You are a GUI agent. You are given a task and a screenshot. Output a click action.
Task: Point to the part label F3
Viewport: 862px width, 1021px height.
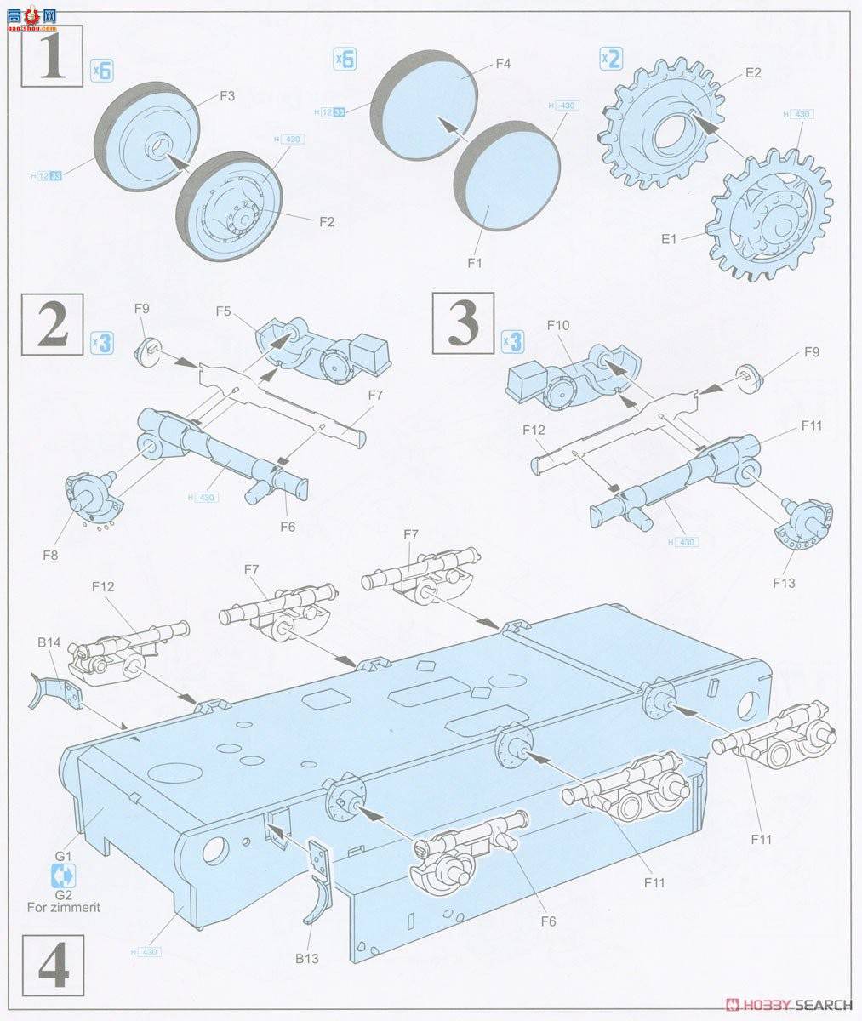[x=227, y=96]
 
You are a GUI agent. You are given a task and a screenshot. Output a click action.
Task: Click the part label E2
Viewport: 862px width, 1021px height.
[x=753, y=73]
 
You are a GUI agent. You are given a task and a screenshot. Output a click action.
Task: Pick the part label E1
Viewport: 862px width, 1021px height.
[x=670, y=239]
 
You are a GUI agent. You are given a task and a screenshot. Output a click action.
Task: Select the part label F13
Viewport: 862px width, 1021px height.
[x=783, y=583]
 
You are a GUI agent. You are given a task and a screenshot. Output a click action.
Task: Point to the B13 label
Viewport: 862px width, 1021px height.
[x=307, y=959]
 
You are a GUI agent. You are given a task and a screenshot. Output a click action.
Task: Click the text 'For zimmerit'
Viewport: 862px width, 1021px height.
[x=64, y=907]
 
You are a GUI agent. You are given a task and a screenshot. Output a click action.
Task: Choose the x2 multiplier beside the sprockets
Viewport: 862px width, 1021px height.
[x=611, y=59]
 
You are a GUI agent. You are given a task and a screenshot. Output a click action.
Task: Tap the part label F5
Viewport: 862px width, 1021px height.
[x=224, y=311]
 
